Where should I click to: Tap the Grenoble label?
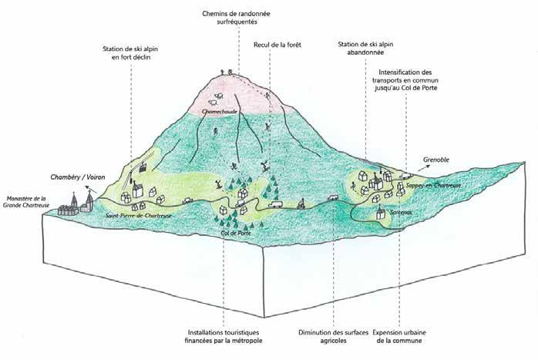[436, 162]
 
